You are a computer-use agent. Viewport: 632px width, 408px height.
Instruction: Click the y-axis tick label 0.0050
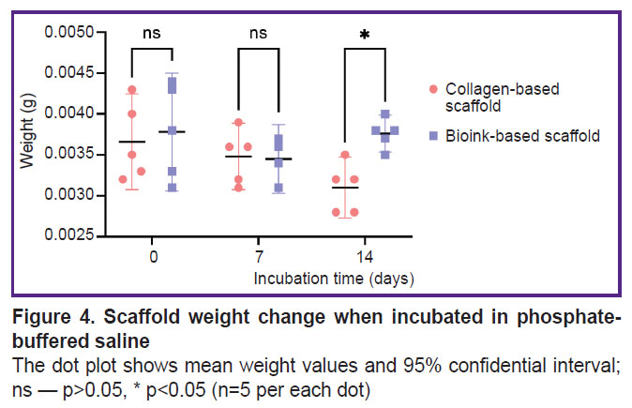click(66, 33)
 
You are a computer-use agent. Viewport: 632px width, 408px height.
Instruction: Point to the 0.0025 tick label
click(66, 235)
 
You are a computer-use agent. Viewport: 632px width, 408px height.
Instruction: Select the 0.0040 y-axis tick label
click(66, 113)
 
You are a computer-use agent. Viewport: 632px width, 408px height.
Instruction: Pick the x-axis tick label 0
click(152, 256)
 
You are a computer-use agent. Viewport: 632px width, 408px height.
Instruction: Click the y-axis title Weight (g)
click(31, 134)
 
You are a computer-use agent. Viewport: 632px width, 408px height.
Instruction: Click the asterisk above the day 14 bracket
click(365, 36)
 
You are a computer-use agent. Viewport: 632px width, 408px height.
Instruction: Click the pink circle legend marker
click(433, 89)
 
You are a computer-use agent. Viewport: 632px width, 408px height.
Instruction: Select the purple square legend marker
click(433, 136)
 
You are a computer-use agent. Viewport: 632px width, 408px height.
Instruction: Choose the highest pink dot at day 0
click(132, 90)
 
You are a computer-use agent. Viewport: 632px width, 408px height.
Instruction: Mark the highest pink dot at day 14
click(346, 155)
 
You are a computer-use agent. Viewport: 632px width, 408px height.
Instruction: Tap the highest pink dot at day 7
click(239, 123)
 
